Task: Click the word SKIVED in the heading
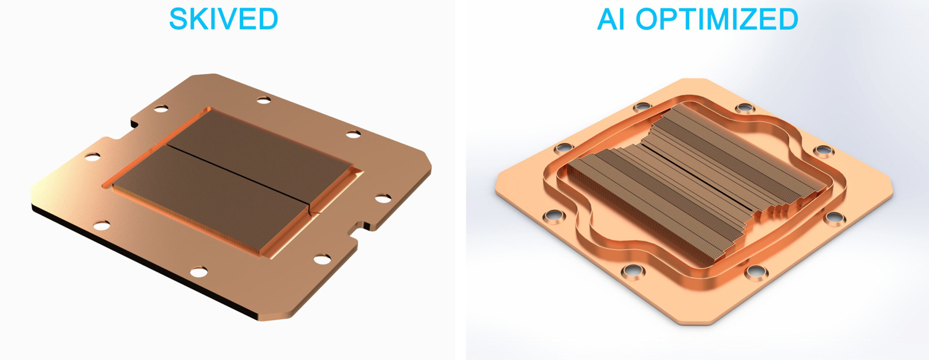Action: (223, 19)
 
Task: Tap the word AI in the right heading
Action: (612, 19)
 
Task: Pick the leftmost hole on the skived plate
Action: (92, 157)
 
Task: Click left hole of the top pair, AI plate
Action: (641, 107)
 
